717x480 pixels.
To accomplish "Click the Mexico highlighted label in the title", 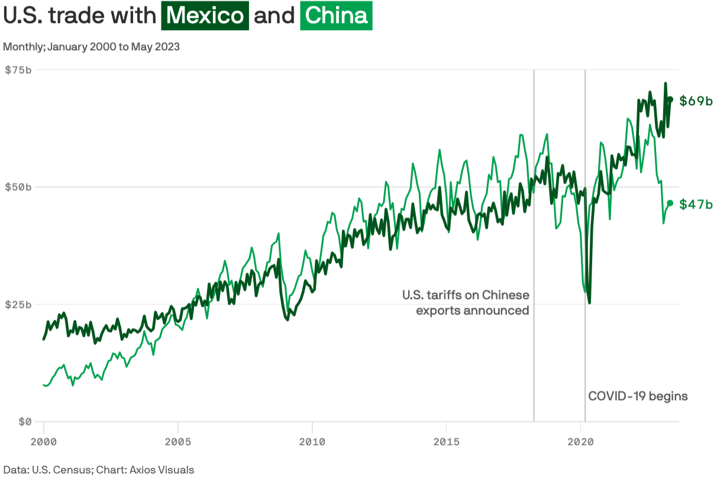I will tap(205, 16).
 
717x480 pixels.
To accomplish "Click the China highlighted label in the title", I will tap(336, 16).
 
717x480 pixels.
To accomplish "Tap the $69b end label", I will tap(696, 101).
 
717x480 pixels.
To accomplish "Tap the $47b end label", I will tap(696, 205).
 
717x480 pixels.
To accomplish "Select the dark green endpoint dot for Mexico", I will tap(670, 99).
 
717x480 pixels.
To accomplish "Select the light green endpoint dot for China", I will tap(670, 203).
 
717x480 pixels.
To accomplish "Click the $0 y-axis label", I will tap(24, 421).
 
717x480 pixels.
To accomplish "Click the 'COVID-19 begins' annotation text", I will tap(638, 396).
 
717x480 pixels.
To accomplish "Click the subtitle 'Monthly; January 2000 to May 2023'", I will tap(92, 47).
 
